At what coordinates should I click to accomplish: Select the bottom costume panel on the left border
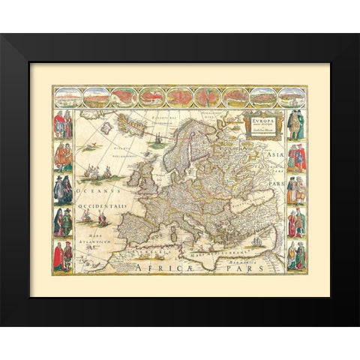[x=63, y=256]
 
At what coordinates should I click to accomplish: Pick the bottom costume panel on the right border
[x=296, y=256]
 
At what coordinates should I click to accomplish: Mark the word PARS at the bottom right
[x=244, y=265]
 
